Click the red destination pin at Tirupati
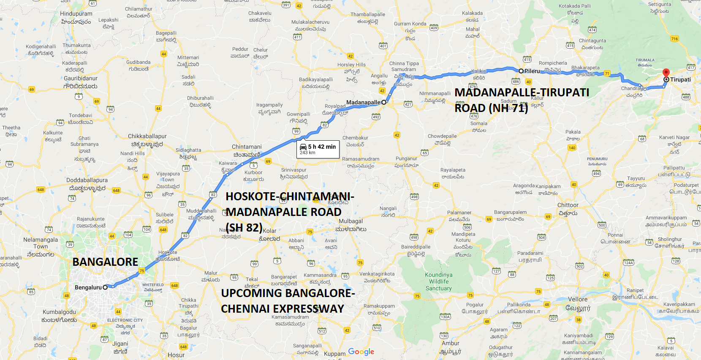click(666, 73)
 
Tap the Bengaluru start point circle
click(105, 287)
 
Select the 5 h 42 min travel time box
click(318, 149)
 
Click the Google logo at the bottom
click(361, 352)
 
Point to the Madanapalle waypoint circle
click(384, 102)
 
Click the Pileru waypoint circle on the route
click(521, 71)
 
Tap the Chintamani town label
click(247, 147)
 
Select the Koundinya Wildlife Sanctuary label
click(439, 281)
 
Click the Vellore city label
click(577, 299)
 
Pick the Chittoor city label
click(568, 205)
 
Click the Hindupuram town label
click(76, 14)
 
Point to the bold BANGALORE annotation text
click(105, 262)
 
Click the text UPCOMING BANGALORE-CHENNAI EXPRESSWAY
click(287, 301)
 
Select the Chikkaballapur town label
click(147, 136)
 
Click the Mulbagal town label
click(350, 221)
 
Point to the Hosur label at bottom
click(176, 355)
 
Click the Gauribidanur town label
click(81, 78)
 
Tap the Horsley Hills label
click(351, 65)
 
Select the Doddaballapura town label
click(87, 180)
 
